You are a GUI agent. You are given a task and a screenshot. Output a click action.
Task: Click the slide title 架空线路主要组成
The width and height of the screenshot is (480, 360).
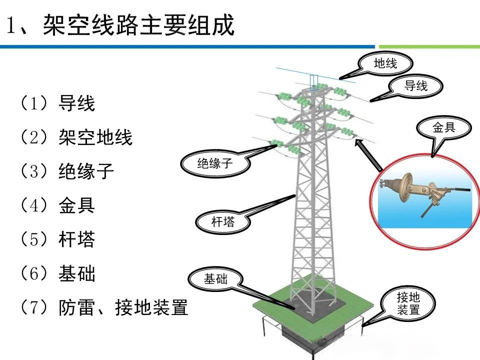coord(120,25)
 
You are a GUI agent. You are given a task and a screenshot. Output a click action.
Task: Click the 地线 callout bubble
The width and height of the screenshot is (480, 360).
coord(385,63)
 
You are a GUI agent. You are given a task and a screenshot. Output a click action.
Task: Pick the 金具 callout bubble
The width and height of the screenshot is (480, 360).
coord(444,127)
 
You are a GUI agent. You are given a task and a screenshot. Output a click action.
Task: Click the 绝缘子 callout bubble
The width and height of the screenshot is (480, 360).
coord(215,163)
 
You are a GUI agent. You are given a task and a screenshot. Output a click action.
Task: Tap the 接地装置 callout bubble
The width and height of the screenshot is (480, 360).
coord(408,303)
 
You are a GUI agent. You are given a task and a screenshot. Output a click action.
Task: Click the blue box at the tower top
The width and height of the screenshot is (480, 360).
coord(314,81)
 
